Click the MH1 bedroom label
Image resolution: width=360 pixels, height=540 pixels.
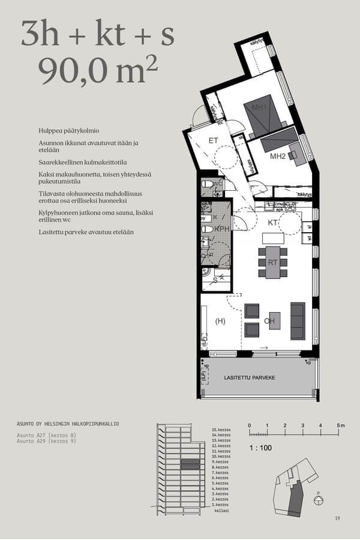point(259,108)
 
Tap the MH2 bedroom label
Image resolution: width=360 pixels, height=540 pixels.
point(277,157)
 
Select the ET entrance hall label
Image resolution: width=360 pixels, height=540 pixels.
point(213,140)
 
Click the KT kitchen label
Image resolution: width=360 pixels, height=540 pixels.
point(272,223)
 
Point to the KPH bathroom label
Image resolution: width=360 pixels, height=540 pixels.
point(222,229)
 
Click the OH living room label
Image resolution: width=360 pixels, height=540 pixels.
point(269,321)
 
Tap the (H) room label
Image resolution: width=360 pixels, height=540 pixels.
point(220,321)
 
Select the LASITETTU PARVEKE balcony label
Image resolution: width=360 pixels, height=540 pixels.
point(249,378)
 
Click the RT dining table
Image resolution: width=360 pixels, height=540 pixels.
point(272,263)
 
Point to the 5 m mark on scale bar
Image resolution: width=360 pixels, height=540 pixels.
point(340,425)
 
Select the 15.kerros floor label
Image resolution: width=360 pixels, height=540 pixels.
point(221,430)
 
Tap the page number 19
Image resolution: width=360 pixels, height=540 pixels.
point(338,518)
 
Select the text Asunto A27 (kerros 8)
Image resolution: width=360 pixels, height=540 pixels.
point(46,435)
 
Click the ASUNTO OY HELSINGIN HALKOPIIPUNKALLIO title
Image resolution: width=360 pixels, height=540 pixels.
point(68,424)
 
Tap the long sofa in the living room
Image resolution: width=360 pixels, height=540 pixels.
point(298,321)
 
